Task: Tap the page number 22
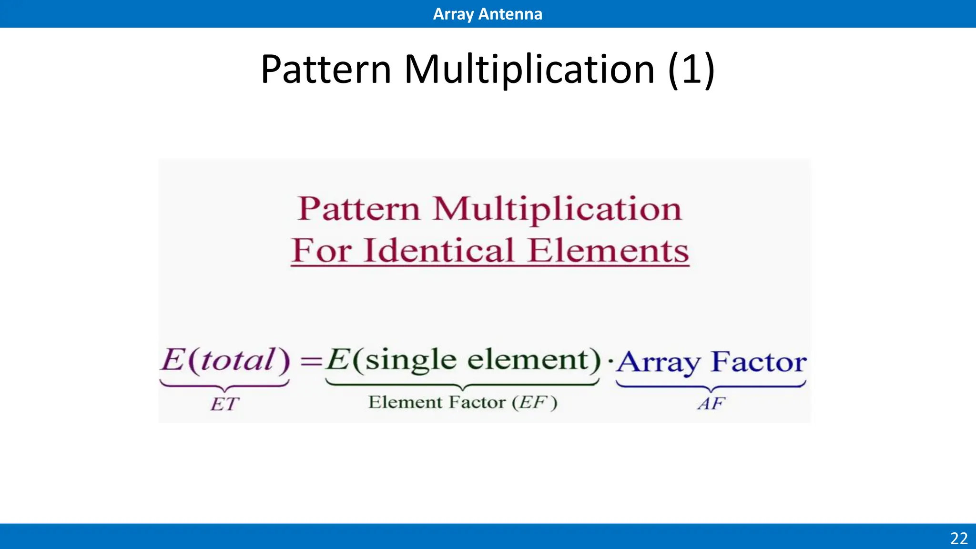pos(959,538)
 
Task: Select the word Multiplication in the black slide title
pos(529,70)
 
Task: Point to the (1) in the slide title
pos(691,70)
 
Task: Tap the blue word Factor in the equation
pos(759,362)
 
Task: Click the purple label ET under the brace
pos(224,404)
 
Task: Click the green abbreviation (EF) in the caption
pos(534,402)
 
